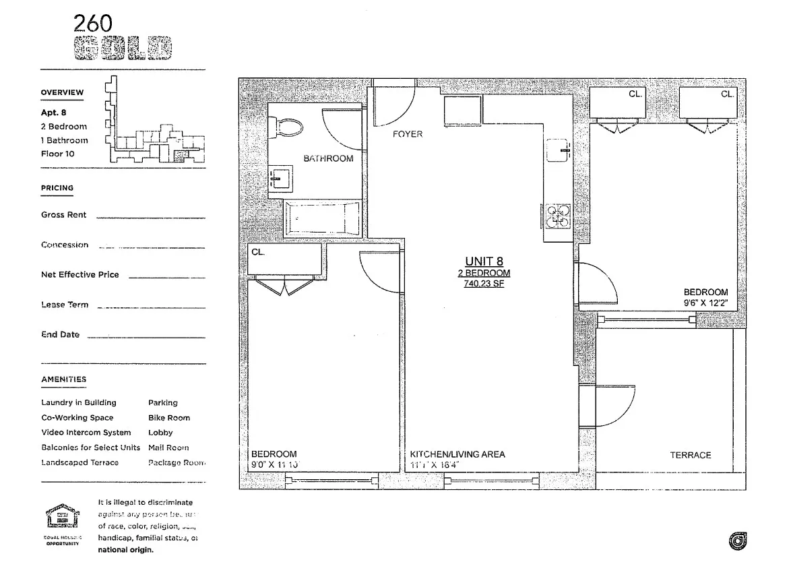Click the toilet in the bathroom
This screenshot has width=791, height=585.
pos(284,127)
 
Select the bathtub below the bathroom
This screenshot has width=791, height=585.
pos(323,218)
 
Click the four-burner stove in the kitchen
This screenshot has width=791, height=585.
pos(557,216)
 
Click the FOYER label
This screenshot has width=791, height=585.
pos(408,134)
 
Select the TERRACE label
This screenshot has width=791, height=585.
pos(690,455)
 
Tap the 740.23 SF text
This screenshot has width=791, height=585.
pos(484,284)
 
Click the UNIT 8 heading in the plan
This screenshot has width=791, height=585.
pos(484,261)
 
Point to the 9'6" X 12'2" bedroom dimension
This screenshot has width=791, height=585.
pos(705,303)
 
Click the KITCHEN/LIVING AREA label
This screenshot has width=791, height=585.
pos(457,454)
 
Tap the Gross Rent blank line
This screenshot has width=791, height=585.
pos(150,217)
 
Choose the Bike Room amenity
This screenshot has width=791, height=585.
pos(169,418)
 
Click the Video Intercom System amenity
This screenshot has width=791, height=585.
pos(86,433)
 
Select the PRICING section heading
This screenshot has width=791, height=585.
pos(57,188)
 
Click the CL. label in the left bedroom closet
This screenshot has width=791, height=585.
pos(259,252)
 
